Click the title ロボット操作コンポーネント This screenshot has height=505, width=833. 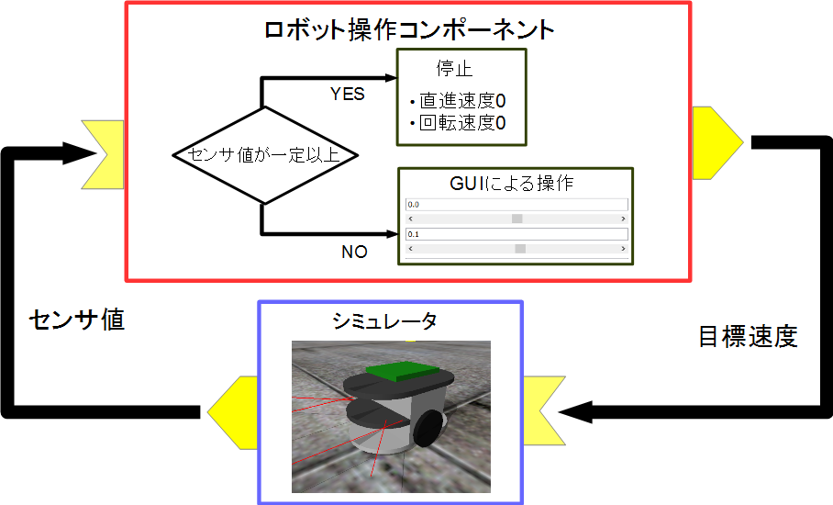(x=408, y=29)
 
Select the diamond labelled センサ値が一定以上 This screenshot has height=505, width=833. (x=264, y=154)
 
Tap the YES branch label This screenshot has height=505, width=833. (x=347, y=94)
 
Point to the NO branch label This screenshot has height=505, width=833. (x=354, y=252)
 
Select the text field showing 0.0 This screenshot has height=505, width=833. (x=516, y=205)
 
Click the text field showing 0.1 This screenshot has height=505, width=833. (x=516, y=235)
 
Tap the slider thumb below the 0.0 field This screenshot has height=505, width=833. (x=516, y=219)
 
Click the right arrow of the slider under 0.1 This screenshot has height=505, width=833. (x=623, y=248)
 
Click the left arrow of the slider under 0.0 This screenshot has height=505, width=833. (x=410, y=219)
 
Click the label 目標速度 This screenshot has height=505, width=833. (x=748, y=337)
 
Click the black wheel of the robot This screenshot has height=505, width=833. (x=430, y=426)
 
